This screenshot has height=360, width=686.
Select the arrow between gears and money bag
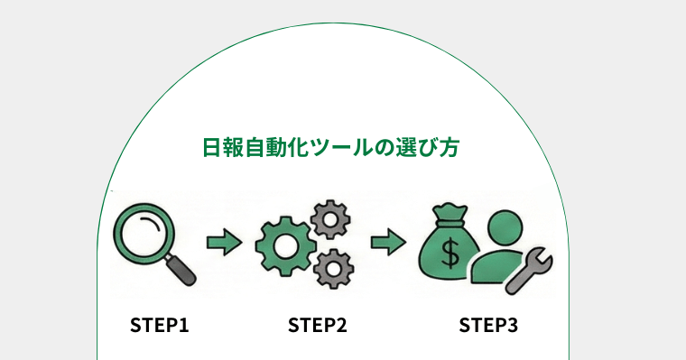(387, 242)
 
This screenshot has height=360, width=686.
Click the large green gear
(283, 247)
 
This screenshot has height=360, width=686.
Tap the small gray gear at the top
(329, 219)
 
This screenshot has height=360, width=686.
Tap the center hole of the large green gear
(283, 247)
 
